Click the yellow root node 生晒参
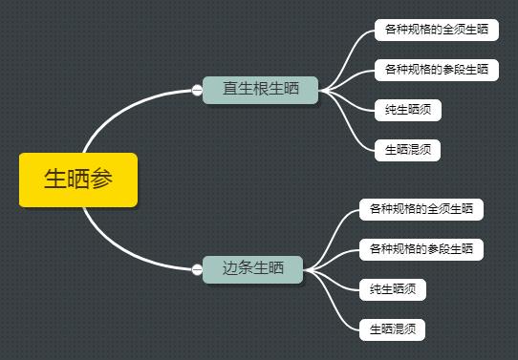(x=78, y=180)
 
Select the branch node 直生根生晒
(x=260, y=90)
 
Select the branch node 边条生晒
(x=252, y=269)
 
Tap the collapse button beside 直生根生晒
(x=197, y=91)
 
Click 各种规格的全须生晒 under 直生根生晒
(x=436, y=30)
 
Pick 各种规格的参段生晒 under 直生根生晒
(x=436, y=70)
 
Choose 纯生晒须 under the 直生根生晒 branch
(x=407, y=110)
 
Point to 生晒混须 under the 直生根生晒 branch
(x=407, y=150)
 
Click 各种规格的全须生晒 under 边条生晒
(x=421, y=208)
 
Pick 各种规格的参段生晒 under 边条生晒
(x=421, y=249)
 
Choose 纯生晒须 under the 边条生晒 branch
(x=392, y=289)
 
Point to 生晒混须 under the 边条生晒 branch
(x=392, y=329)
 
